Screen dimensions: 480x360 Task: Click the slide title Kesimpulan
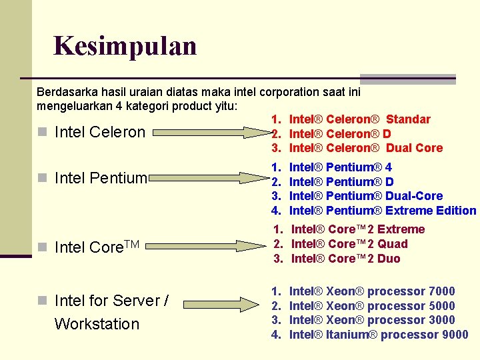point(125,46)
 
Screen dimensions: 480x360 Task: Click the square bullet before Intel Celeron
point(42,132)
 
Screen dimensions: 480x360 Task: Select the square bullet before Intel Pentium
point(42,178)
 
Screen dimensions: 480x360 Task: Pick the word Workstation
point(97,324)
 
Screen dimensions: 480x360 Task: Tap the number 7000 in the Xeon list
point(443,291)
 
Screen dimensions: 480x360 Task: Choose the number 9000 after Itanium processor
point(455,335)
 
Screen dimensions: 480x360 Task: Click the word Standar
point(408,119)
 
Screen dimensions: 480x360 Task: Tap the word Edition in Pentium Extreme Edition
point(456,211)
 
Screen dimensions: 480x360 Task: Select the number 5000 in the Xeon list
point(443,306)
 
